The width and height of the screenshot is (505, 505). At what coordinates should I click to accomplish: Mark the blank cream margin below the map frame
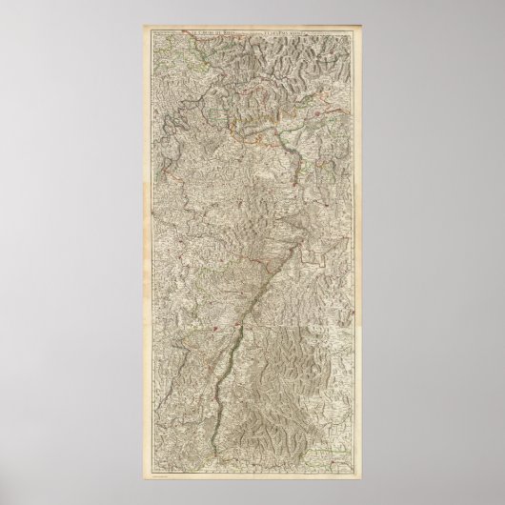click(252, 481)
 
